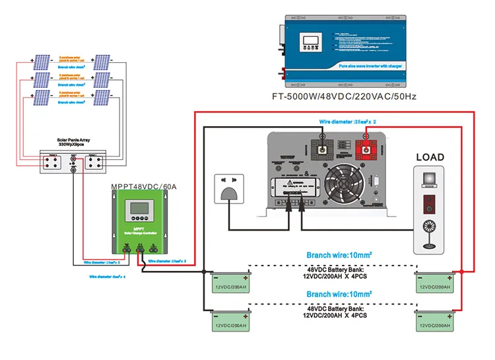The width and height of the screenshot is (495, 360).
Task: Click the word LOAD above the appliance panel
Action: pos(430,157)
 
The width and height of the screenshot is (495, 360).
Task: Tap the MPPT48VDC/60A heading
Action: pos(143,187)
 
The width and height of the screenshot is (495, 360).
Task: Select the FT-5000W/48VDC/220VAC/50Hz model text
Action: pos(344,96)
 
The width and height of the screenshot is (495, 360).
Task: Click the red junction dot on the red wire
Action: pos(463,271)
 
